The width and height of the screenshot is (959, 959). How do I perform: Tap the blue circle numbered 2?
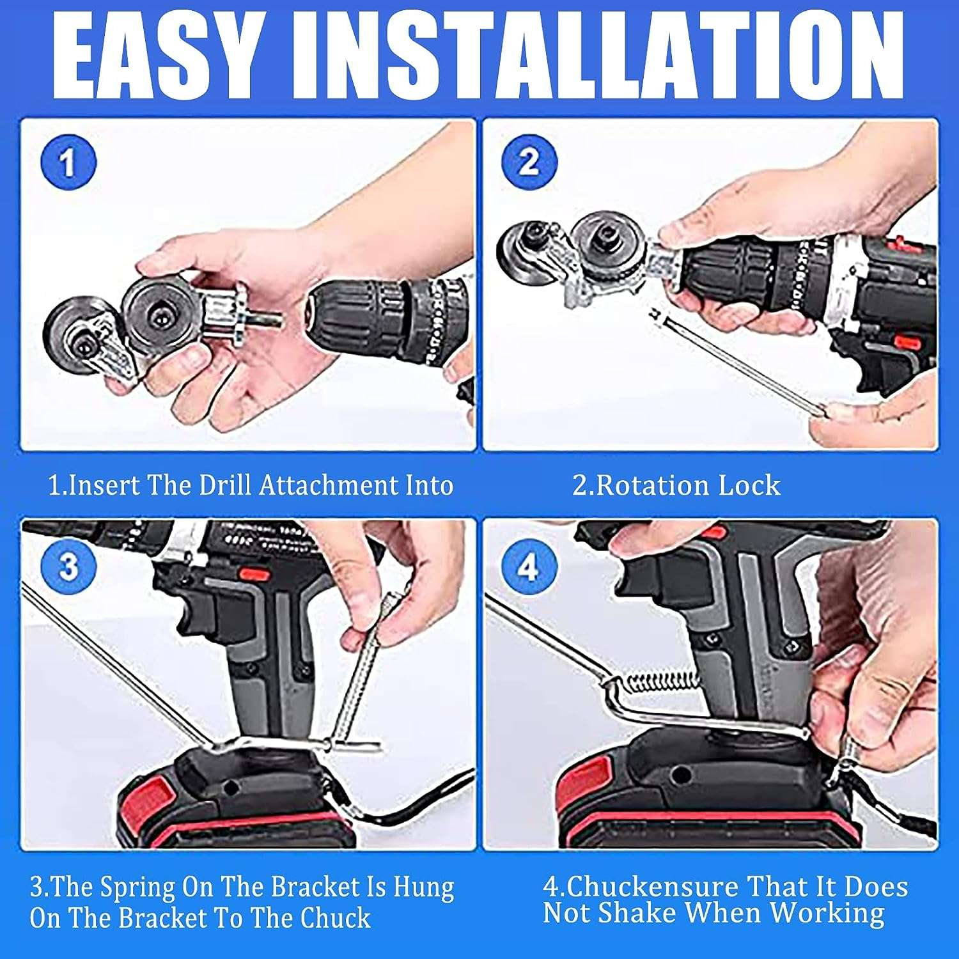pos(528,162)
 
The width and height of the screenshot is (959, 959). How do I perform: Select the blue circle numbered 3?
pos(68,566)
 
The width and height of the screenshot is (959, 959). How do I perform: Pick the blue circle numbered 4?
pos(528,566)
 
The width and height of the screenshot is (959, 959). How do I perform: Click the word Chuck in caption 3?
pos(335,918)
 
